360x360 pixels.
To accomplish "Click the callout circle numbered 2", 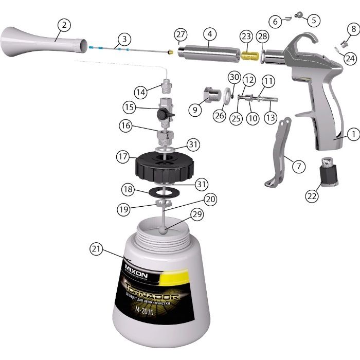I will point(64,25).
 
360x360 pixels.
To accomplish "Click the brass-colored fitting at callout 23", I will point(250,52).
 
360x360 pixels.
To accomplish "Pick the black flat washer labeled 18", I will point(164,191).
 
